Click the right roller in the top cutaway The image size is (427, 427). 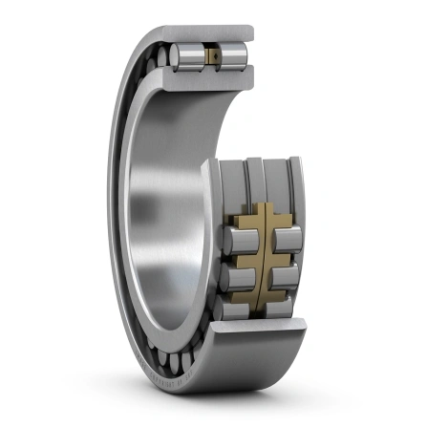236,56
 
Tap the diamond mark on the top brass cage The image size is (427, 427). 215,57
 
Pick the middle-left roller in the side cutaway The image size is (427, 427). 240,278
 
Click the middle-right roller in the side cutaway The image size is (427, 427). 288,278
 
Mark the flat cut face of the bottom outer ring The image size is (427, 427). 258,331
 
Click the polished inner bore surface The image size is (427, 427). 162,210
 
